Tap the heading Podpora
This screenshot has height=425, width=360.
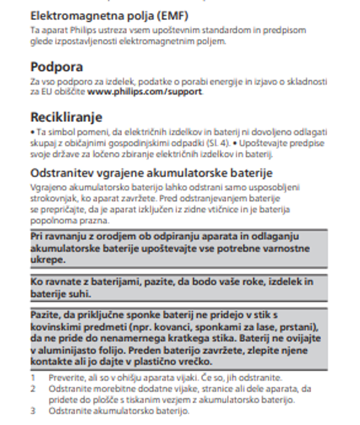point(56,66)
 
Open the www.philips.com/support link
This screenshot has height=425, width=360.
point(144,92)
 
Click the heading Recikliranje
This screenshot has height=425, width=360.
point(66,117)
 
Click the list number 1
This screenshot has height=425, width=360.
point(33,378)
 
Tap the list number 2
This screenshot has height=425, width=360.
point(33,389)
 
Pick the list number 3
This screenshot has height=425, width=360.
point(33,411)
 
